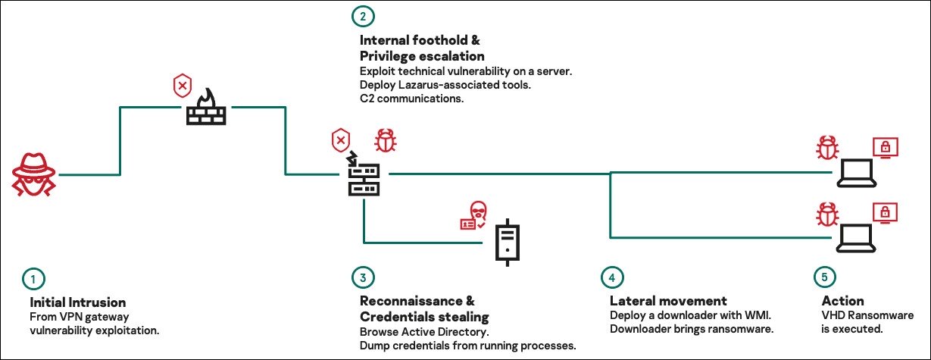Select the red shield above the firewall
tap(183, 85)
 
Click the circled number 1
tap(33, 279)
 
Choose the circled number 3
tap(363, 279)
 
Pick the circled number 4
tap(612, 279)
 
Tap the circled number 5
tap(821, 279)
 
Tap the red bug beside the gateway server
tap(386, 142)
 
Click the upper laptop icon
tap(857, 177)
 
